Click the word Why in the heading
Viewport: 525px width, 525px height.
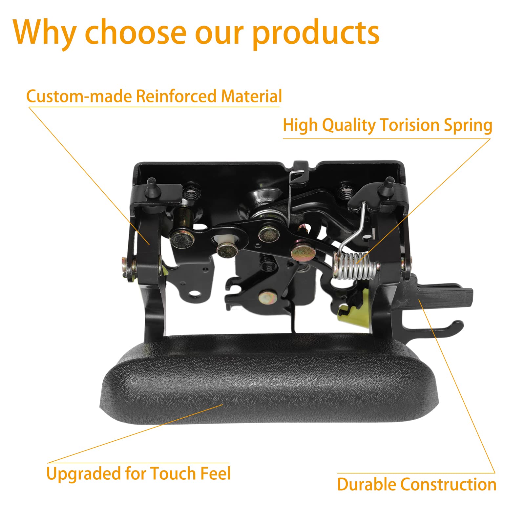pos(45,32)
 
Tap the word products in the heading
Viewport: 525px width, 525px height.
pos(316,33)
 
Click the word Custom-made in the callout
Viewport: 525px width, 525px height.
pos(79,96)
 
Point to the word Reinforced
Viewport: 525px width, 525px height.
pos(177,96)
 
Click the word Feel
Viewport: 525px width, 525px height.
pos(216,473)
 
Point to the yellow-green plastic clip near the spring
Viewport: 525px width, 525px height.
pos(353,305)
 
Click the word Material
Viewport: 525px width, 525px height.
pos(251,96)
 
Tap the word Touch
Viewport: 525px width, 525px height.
pos(174,473)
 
